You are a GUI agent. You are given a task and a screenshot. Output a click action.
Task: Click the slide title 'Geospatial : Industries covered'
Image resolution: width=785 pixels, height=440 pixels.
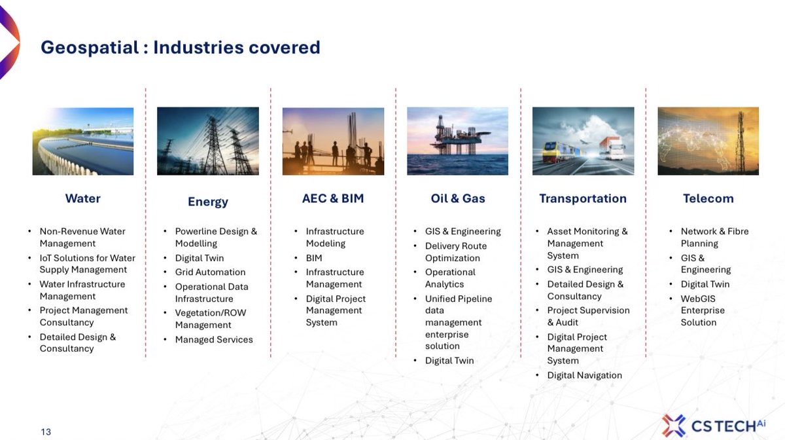point(181,48)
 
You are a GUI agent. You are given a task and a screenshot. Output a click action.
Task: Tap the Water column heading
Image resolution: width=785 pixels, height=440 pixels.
point(83,198)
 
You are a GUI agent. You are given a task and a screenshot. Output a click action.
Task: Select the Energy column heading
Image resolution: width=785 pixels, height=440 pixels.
point(208,202)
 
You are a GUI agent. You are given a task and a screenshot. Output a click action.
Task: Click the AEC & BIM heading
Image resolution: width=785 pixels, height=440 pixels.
point(333,198)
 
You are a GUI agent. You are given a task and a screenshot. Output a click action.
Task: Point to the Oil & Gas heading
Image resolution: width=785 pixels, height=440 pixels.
point(458,198)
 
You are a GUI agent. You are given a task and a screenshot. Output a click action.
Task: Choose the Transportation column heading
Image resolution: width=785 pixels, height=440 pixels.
point(583,198)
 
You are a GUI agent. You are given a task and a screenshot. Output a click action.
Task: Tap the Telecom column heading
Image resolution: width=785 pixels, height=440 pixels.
point(708,198)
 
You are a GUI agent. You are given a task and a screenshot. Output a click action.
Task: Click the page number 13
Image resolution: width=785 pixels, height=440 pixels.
point(46,431)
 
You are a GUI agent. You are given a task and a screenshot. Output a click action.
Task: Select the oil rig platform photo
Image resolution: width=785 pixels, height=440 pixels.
point(458,141)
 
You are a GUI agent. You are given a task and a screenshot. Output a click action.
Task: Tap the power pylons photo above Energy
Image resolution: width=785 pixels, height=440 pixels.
point(208,141)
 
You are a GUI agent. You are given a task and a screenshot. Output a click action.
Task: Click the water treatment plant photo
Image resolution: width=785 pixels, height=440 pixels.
point(83,141)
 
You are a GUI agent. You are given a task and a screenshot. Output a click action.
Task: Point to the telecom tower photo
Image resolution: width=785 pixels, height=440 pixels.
point(708,141)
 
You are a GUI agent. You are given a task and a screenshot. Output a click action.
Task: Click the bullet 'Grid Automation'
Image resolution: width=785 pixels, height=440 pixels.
point(210,272)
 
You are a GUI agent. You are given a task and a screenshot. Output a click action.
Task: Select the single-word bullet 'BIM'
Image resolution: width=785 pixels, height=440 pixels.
point(314,258)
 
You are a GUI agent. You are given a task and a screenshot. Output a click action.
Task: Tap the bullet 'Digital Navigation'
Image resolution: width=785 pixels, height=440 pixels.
point(584,375)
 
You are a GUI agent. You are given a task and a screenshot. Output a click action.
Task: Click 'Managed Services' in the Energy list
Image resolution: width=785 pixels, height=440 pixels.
point(214,339)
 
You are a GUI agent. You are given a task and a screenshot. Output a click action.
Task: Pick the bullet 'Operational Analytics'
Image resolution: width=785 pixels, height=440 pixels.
point(450,278)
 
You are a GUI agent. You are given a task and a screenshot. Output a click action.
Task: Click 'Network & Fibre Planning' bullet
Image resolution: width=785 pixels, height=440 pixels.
point(714,237)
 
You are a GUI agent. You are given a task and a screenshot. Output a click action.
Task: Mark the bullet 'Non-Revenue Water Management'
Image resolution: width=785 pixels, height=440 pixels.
point(82,237)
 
